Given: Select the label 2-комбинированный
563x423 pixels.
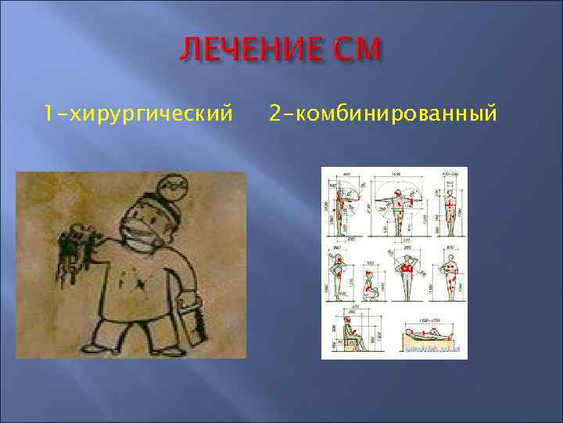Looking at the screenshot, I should click(382, 114).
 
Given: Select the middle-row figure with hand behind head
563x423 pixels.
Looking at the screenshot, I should click(407, 274).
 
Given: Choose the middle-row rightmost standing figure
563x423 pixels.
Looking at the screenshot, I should click(451, 274).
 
